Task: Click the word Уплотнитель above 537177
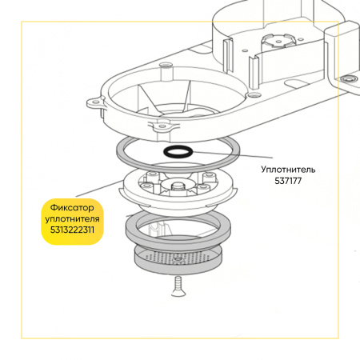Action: pyautogui.click(x=288, y=170)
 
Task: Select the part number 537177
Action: pyautogui.click(x=288, y=181)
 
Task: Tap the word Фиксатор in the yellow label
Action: pyautogui.click(x=72, y=207)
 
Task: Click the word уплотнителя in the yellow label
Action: pyautogui.click(x=72, y=219)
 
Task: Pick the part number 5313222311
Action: pyautogui.click(x=72, y=230)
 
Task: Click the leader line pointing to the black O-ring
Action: pyautogui.click(x=233, y=155)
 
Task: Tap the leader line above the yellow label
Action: pyautogui.click(x=99, y=189)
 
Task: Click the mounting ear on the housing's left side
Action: pyautogui.click(x=94, y=103)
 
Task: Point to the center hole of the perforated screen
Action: pyautogui.click(x=177, y=259)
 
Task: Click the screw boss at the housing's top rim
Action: pyautogui.click(x=166, y=66)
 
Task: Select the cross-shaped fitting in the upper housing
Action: pyautogui.click(x=278, y=41)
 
